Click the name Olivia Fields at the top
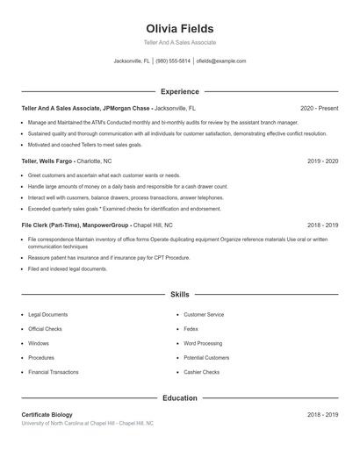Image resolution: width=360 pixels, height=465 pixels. (179, 29)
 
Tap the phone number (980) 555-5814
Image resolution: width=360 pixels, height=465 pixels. (173, 61)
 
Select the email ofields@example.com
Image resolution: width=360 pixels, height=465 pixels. (221, 61)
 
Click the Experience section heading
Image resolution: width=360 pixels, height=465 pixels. (179, 91)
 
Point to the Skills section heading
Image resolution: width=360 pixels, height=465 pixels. (179, 295)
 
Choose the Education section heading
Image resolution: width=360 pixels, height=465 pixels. (179, 397)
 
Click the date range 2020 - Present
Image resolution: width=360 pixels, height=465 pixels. (319, 108)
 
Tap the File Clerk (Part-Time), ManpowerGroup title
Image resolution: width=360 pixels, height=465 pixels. (76, 225)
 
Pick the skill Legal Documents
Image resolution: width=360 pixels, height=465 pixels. (47, 314)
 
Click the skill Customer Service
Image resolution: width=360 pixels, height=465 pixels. (204, 314)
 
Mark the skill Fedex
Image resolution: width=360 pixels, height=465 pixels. (192, 329)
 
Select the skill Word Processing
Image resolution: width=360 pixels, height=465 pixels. (203, 343)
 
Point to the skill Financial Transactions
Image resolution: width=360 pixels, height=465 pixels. (53, 372)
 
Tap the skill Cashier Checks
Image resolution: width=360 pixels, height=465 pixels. (201, 372)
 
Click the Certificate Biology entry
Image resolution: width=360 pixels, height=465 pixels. (47, 414)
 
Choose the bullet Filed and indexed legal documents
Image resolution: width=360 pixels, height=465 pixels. (68, 269)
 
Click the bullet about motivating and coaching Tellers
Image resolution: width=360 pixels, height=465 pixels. (84, 145)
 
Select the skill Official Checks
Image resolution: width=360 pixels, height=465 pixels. (46, 329)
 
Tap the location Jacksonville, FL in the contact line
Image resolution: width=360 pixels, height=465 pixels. (132, 61)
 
